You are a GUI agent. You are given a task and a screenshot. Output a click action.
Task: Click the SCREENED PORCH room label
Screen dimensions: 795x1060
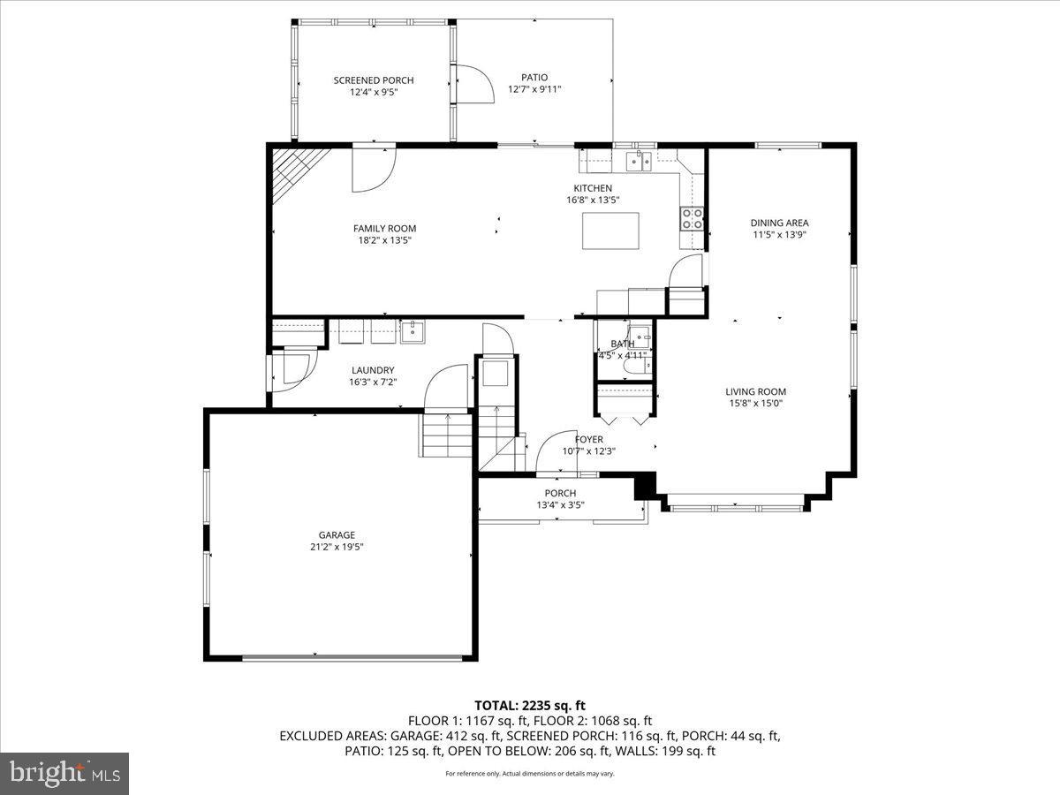(x=373, y=80)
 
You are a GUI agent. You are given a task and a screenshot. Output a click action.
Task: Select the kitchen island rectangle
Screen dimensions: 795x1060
(x=610, y=231)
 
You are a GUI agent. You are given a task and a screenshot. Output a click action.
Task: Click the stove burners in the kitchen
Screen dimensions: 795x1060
(x=692, y=218)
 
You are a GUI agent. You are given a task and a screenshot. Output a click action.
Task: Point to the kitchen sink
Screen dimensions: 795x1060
(x=637, y=160)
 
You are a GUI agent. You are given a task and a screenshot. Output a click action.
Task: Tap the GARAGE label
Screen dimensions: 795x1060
(x=337, y=534)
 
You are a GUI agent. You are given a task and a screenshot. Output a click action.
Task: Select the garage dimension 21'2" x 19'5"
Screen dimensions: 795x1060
(x=337, y=547)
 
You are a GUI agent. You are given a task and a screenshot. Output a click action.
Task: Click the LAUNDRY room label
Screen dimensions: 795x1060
(x=372, y=370)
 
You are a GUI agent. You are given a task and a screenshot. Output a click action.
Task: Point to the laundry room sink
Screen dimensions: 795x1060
(x=413, y=332)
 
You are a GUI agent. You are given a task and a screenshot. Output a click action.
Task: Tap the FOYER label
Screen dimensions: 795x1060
(x=589, y=439)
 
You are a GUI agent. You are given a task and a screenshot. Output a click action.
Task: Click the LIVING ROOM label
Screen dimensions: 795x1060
(x=755, y=391)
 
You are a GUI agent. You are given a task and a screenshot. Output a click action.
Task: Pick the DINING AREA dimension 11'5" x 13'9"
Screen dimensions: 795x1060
(x=780, y=235)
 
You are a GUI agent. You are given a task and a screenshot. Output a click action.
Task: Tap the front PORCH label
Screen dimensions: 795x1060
(x=560, y=493)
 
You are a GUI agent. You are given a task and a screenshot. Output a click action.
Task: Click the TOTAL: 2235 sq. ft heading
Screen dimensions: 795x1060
(x=530, y=705)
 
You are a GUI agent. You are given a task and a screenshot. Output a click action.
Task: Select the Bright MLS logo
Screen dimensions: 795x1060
(x=64, y=774)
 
